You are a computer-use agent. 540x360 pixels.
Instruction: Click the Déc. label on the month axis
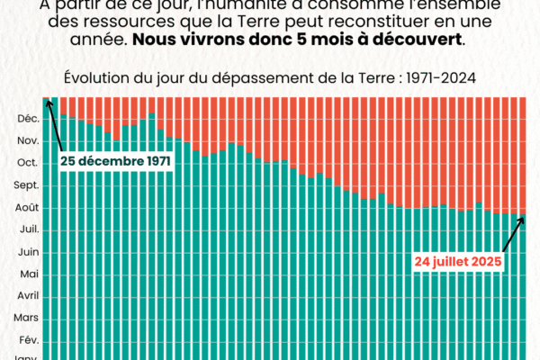point(27,119)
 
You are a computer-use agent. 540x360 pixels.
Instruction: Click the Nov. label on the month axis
point(27,141)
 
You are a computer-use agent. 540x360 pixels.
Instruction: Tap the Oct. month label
point(27,163)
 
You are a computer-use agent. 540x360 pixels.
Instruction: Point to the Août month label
point(26,207)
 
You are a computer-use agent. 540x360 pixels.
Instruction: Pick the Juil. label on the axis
point(28,229)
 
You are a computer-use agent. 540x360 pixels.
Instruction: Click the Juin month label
point(27,251)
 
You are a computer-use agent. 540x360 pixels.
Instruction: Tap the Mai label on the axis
point(28,274)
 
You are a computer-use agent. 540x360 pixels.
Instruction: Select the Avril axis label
point(27,295)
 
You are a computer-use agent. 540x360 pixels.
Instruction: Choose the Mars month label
point(26,318)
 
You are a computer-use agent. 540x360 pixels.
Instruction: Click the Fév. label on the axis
point(28,339)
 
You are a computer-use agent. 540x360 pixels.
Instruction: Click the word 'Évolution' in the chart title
point(94,77)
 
